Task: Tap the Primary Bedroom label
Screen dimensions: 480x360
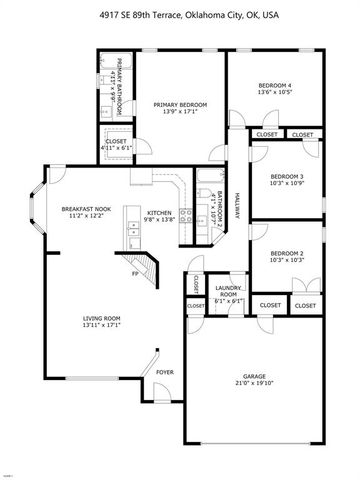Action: click(180, 104)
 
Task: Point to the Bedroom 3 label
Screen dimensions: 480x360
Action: click(287, 177)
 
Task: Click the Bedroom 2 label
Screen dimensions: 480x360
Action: click(287, 254)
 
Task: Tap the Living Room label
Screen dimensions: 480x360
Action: click(101, 319)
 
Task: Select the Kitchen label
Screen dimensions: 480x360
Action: click(161, 212)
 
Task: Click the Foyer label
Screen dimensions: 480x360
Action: click(164, 373)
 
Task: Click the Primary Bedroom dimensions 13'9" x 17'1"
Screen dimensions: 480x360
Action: click(180, 112)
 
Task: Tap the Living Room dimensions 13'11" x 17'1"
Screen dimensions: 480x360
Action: click(101, 327)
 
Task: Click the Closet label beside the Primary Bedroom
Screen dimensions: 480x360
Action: click(116, 141)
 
